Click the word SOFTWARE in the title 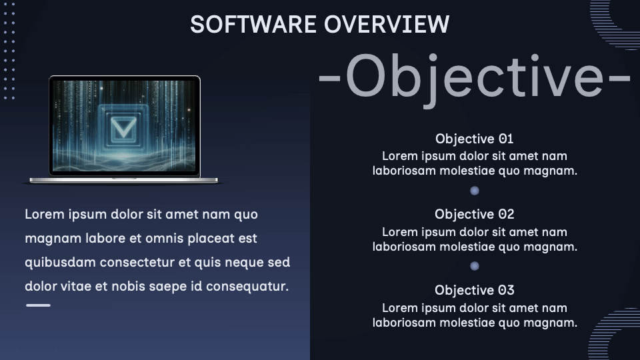pos(253,24)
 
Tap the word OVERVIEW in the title pos(387,24)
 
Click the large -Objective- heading pos(474,77)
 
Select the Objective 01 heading pos(474,139)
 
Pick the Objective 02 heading pos(474,214)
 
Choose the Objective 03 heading pos(474,290)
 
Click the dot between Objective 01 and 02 pos(474,191)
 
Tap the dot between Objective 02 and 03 pos(474,266)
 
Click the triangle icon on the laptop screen pos(123,127)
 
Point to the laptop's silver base pos(124,181)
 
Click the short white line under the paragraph pos(38,305)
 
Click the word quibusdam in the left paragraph pos(60,262)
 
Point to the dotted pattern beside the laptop pos(9,51)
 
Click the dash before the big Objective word pos(329,77)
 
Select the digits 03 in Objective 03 pos(506,290)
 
